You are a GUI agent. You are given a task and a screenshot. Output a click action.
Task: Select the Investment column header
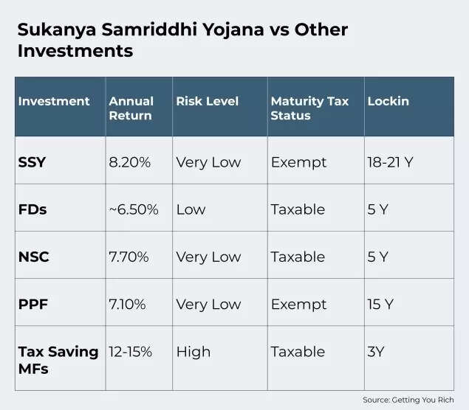click(x=54, y=101)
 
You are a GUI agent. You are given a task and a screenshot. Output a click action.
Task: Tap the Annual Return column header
click(x=131, y=108)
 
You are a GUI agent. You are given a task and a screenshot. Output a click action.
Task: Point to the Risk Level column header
click(x=208, y=101)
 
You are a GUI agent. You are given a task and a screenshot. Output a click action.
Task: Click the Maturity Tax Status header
click(x=309, y=108)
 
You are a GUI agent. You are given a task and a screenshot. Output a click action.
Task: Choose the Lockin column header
click(x=388, y=101)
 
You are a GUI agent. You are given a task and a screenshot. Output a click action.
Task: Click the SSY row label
click(x=32, y=162)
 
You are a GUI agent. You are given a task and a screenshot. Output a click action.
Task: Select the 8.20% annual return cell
click(x=130, y=162)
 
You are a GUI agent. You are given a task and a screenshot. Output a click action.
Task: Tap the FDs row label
click(x=32, y=209)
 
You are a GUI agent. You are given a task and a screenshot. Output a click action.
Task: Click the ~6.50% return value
click(x=134, y=209)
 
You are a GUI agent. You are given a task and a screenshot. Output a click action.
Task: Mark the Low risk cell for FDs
click(x=191, y=209)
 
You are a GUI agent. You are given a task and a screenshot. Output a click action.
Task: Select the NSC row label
click(x=33, y=257)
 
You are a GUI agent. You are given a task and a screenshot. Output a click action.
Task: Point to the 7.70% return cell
click(x=129, y=257)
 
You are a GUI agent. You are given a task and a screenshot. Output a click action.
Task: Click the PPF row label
click(x=32, y=304)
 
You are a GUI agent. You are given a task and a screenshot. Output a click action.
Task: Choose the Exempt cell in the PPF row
click(x=298, y=304)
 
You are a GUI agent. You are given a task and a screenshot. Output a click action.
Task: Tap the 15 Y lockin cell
click(x=380, y=304)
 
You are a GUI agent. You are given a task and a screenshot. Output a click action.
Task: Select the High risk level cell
click(x=193, y=352)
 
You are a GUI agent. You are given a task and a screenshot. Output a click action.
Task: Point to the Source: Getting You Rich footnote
click(x=408, y=400)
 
